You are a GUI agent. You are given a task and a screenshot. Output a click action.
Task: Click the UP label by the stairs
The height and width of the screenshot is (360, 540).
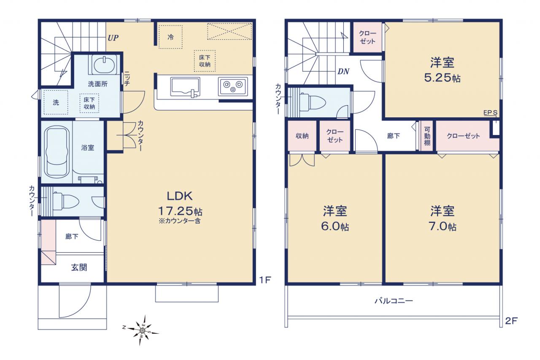coord(113,38)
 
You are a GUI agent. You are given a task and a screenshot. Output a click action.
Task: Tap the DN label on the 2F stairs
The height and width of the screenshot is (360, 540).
coord(343,71)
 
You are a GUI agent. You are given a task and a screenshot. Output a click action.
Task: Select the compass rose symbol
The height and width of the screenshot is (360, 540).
coord(142,330)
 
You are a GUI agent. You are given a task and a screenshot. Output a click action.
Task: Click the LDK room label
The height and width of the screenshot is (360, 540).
coord(180,196)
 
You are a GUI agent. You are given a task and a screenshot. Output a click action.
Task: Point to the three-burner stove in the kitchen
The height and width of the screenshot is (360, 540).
coord(233,87)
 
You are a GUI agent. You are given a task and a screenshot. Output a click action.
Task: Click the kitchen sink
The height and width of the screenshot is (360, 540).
coord(185,87)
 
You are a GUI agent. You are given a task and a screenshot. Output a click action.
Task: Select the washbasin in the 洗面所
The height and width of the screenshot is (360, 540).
coord(104,65)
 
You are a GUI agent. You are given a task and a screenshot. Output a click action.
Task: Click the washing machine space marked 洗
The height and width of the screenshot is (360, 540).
coord(56,103)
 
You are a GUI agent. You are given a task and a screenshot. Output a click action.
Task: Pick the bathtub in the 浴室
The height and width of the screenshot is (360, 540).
coord(57,152)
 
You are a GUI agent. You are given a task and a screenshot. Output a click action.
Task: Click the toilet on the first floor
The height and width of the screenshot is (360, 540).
coord(65,201)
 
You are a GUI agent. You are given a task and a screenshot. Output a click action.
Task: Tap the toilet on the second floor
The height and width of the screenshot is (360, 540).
coord(312,102)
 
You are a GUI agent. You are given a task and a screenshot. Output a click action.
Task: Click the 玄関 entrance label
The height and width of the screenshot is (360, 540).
coord(79,268)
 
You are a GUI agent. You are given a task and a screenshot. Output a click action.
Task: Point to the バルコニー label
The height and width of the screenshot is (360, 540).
coord(394,300)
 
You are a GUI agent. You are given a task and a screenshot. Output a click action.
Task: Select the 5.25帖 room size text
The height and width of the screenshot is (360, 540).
coord(442,78)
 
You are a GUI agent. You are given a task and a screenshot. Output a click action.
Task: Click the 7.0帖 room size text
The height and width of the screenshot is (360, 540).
coord(443,227)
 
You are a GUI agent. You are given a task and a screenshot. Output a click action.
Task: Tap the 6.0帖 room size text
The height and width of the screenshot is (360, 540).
coord(335,227)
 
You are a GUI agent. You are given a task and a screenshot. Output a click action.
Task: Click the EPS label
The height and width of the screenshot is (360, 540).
coord(490,113)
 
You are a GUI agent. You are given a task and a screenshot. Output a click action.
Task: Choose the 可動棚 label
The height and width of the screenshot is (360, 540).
coord(427,136)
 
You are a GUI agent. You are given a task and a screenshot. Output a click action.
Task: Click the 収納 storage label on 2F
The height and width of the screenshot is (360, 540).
coord(302,136)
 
